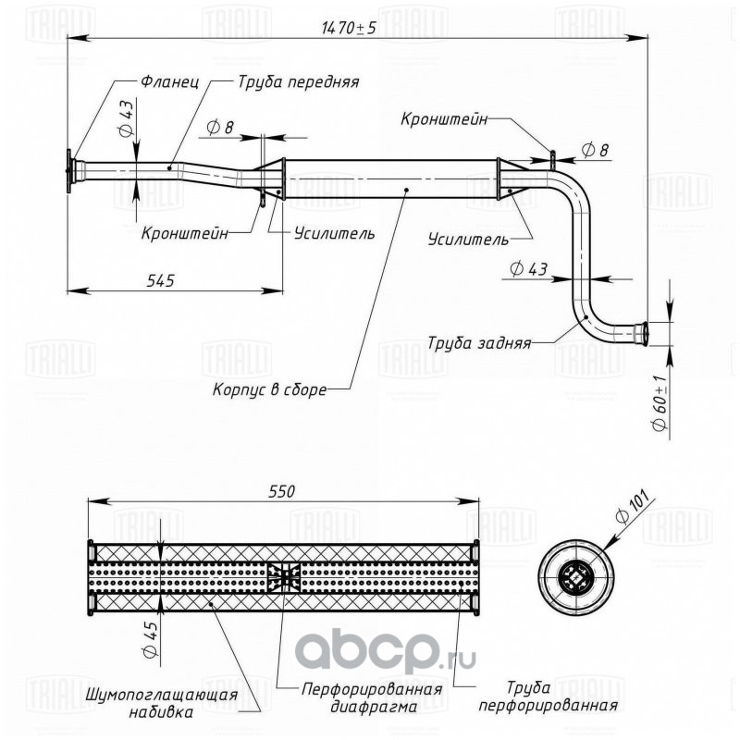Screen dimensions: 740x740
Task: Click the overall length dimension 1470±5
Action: [x=349, y=28]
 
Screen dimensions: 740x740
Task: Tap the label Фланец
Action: [x=170, y=81]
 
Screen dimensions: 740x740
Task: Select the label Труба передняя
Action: [x=298, y=82]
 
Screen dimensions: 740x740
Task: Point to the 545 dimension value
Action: [x=160, y=280]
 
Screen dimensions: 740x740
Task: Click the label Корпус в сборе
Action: [x=269, y=389]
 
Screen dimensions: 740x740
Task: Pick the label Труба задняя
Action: [x=479, y=343]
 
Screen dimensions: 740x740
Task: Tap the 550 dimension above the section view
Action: [x=282, y=491]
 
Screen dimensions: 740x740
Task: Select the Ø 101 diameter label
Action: [x=632, y=507]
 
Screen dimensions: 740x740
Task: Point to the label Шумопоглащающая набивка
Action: [x=161, y=703]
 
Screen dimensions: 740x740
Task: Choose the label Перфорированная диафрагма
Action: [x=373, y=697]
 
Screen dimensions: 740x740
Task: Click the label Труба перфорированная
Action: [x=548, y=697]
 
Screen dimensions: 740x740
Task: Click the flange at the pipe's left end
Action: [x=69, y=171]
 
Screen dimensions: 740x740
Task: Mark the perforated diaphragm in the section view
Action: [x=284, y=576]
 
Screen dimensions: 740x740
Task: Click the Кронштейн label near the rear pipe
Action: [x=444, y=119]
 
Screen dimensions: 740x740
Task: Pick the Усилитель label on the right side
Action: [x=468, y=240]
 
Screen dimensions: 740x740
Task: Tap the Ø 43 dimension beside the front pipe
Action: [x=127, y=119]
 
